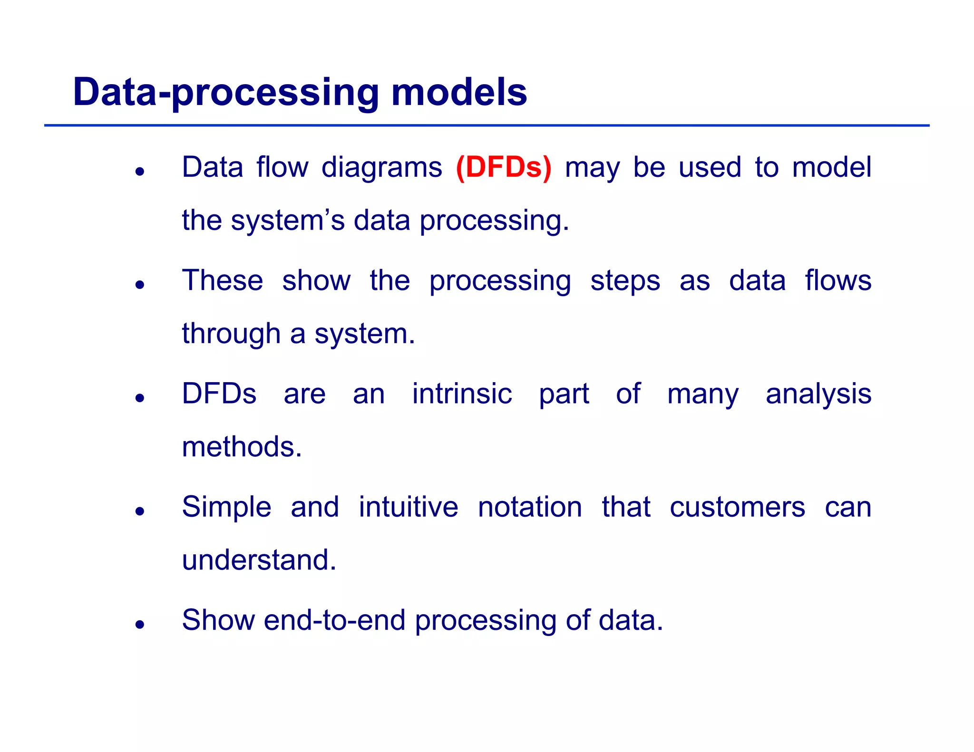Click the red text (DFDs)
[x=503, y=168]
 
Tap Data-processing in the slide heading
[x=226, y=93]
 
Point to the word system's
[x=288, y=222]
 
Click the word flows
[x=838, y=280]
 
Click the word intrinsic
[x=462, y=394]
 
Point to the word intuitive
[x=408, y=507]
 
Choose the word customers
[x=737, y=508]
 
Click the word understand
[x=259, y=560]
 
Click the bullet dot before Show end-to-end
[x=139, y=625]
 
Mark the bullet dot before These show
[x=139, y=285]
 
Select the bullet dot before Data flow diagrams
[x=139, y=172]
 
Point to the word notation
[x=530, y=507]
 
